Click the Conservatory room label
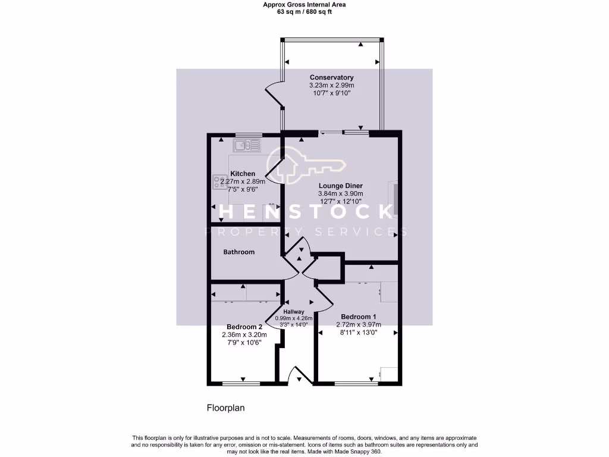pyautogui.click(x=331, y=77)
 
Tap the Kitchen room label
pyautogui.click(x=243, y=174)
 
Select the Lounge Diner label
pyautogui.click(x=340, y=186)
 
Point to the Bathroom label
pyautogui.click(x=238, y=252)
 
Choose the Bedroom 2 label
pyautogui.click(x=244, y=327)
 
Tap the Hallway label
pyautogui.click(x=294, y=312)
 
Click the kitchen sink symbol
pyautogui.click(x=247, y=144)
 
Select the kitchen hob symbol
pyautogui.click(x=216, y=181)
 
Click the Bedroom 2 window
pyautogui.click(x=243, y=383)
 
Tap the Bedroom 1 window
pyautogui.click(x=356, y=383)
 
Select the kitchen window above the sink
pyautogui.click(x=244, y=134)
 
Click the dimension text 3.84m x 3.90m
pyautogui.click(x=340, y=193)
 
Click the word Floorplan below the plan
pyautogui.click(x=226, y=408)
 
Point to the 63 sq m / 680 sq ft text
pyautogui.click(x=304, y=11)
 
